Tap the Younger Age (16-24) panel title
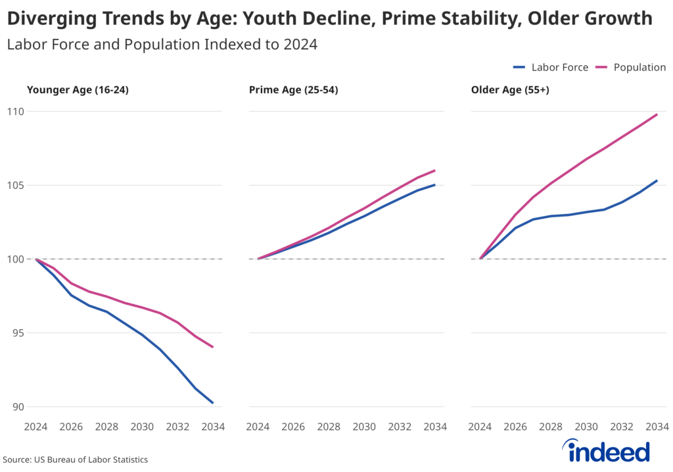(77, 90)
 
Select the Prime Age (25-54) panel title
(293, 90)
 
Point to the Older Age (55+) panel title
(510, 90)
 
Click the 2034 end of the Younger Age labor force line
(212, 402)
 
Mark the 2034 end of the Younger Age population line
(212, 347)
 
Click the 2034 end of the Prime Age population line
(434, 170)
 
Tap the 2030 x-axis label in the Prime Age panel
(364, 427)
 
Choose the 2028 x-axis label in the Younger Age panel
(106, 427)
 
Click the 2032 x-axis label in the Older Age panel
(622, 427)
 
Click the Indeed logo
(607, 451)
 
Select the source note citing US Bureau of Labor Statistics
(76, 459)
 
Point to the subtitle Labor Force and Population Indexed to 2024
(162, 45)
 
